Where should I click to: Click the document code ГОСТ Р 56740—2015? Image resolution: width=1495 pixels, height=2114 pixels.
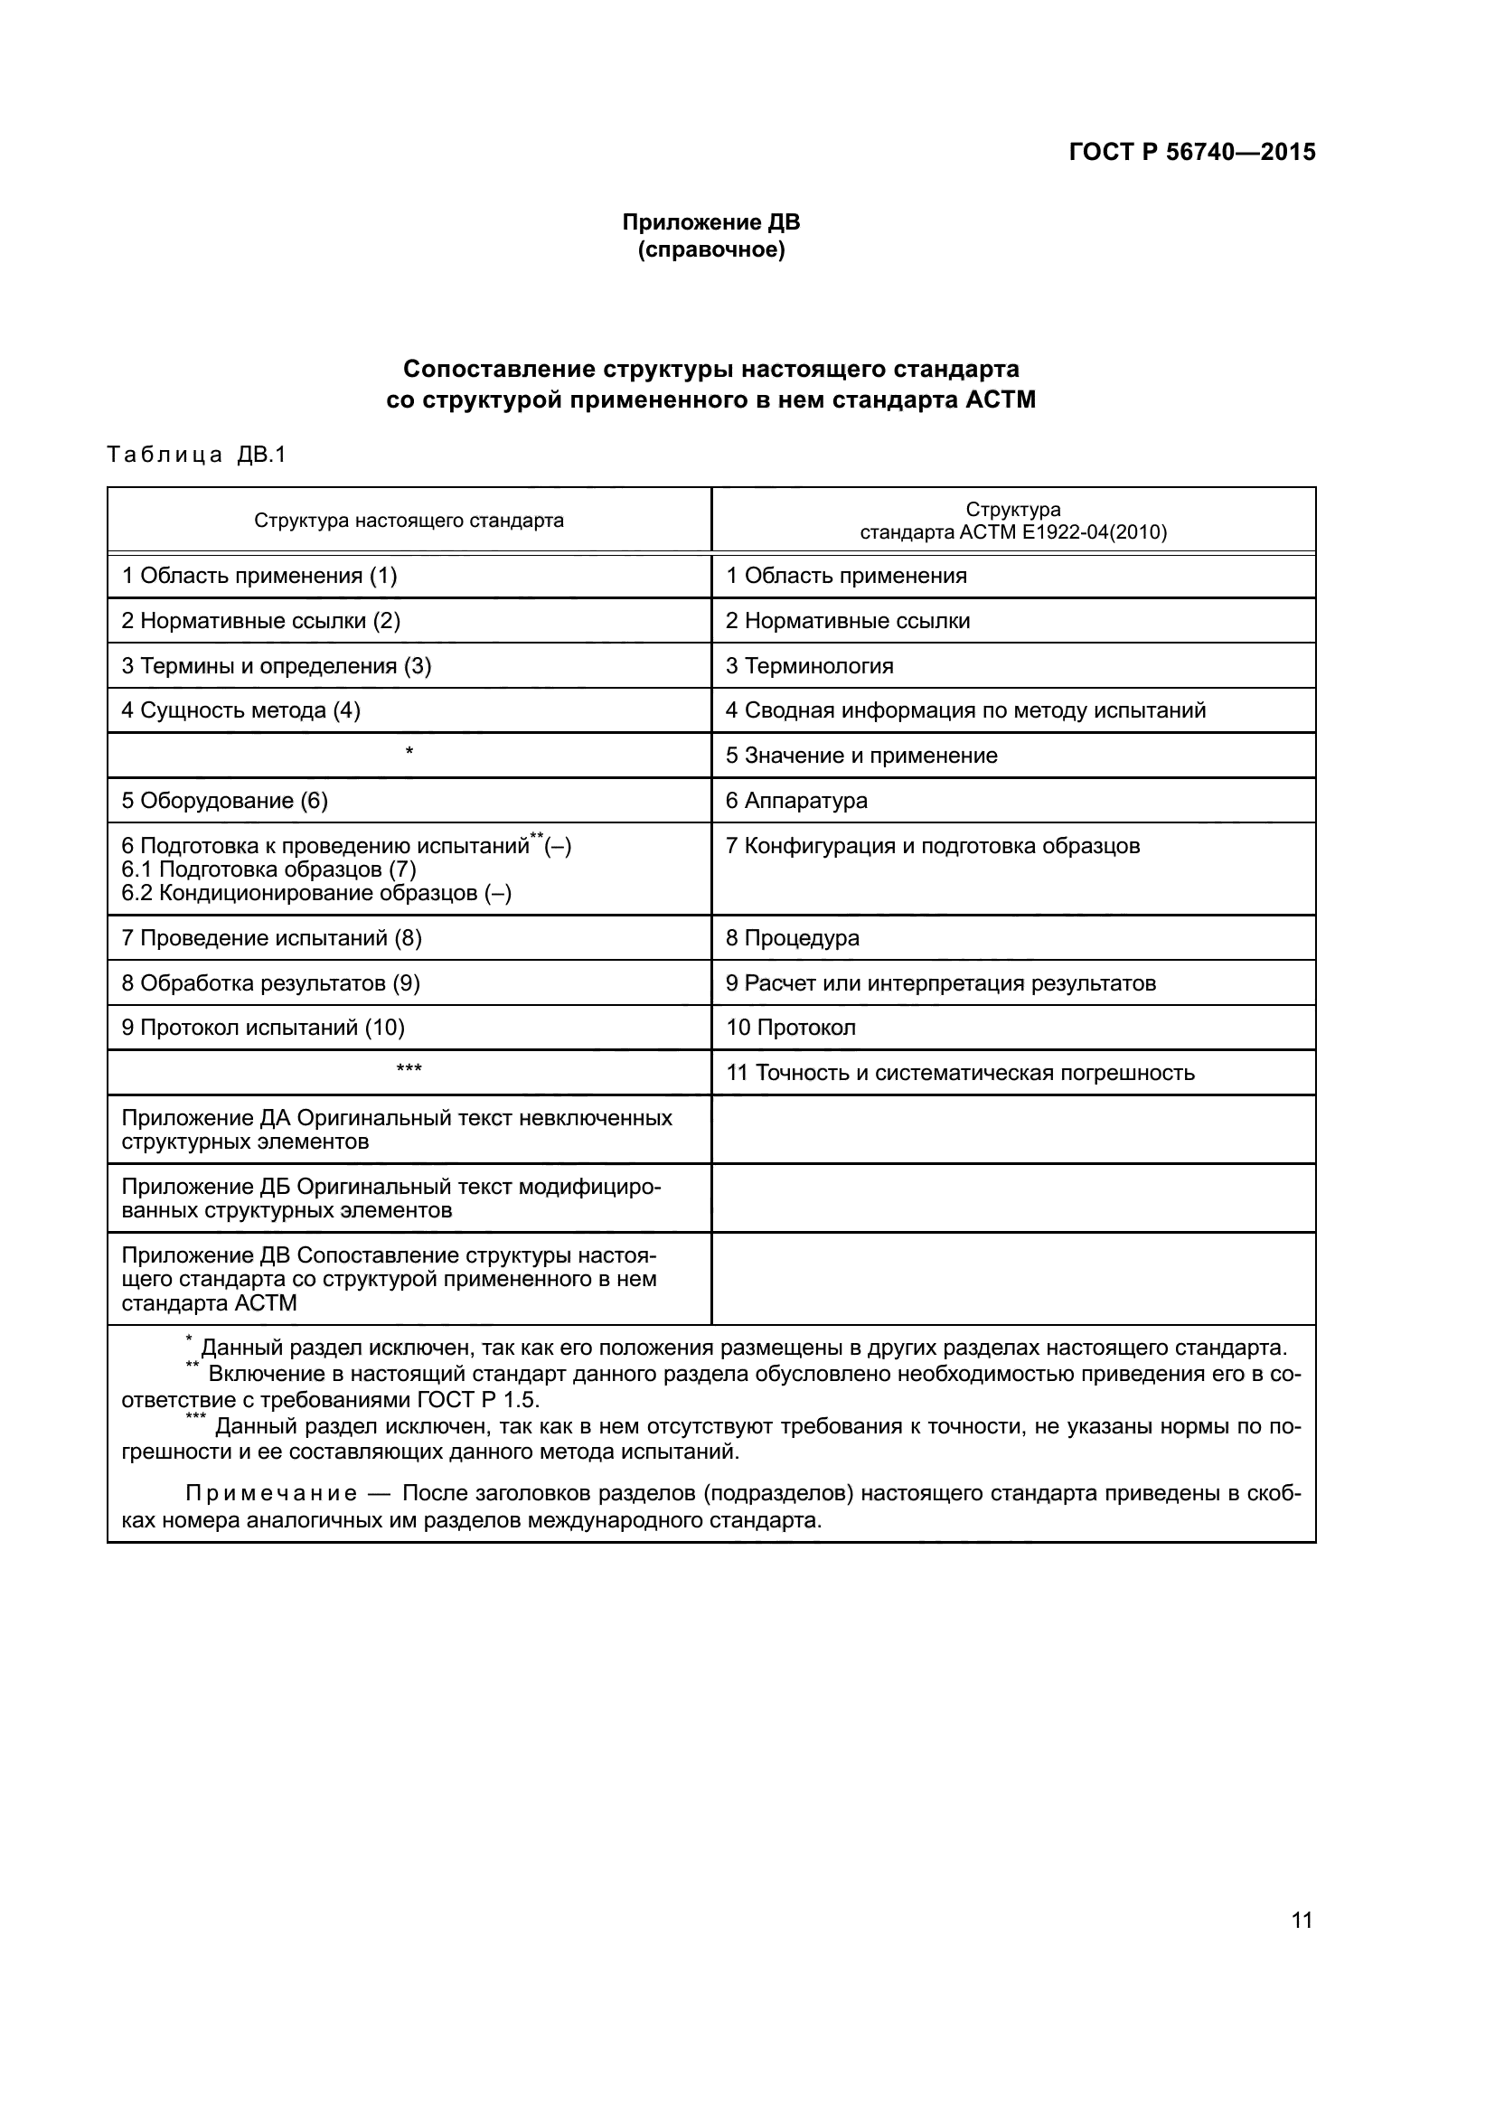pos(1191,152)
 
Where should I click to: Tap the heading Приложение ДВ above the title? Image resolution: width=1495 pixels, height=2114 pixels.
pos(710,222)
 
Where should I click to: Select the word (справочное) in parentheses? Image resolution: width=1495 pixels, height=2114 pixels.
pos(710,250)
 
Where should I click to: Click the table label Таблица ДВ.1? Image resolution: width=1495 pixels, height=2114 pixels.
pos(197,455)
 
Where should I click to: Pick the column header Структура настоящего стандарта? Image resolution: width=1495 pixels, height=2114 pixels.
pos(409,521)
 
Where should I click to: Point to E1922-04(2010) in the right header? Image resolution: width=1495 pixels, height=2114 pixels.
pos(1094,532)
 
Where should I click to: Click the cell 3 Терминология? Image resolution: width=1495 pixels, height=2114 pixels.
pos(809,666)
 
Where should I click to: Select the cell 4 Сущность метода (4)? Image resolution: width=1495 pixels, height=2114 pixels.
pos(241,709)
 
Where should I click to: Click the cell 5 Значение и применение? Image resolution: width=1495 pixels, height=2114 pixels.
pos(861,755)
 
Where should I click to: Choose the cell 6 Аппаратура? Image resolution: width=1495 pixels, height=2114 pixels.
pos(796,800)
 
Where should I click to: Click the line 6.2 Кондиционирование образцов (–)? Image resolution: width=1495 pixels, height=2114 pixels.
pos(316,893)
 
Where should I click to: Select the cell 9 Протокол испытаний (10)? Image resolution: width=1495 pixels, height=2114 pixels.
pos(263,1028)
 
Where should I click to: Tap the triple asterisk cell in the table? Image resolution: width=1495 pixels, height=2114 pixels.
pos(409,1070)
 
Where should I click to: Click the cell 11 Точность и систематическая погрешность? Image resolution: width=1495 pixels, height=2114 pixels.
pos(960,1073)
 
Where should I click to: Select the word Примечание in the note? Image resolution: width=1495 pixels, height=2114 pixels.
pos(270,1492)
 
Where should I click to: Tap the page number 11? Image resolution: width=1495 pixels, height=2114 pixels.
pos(1302,1920)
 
